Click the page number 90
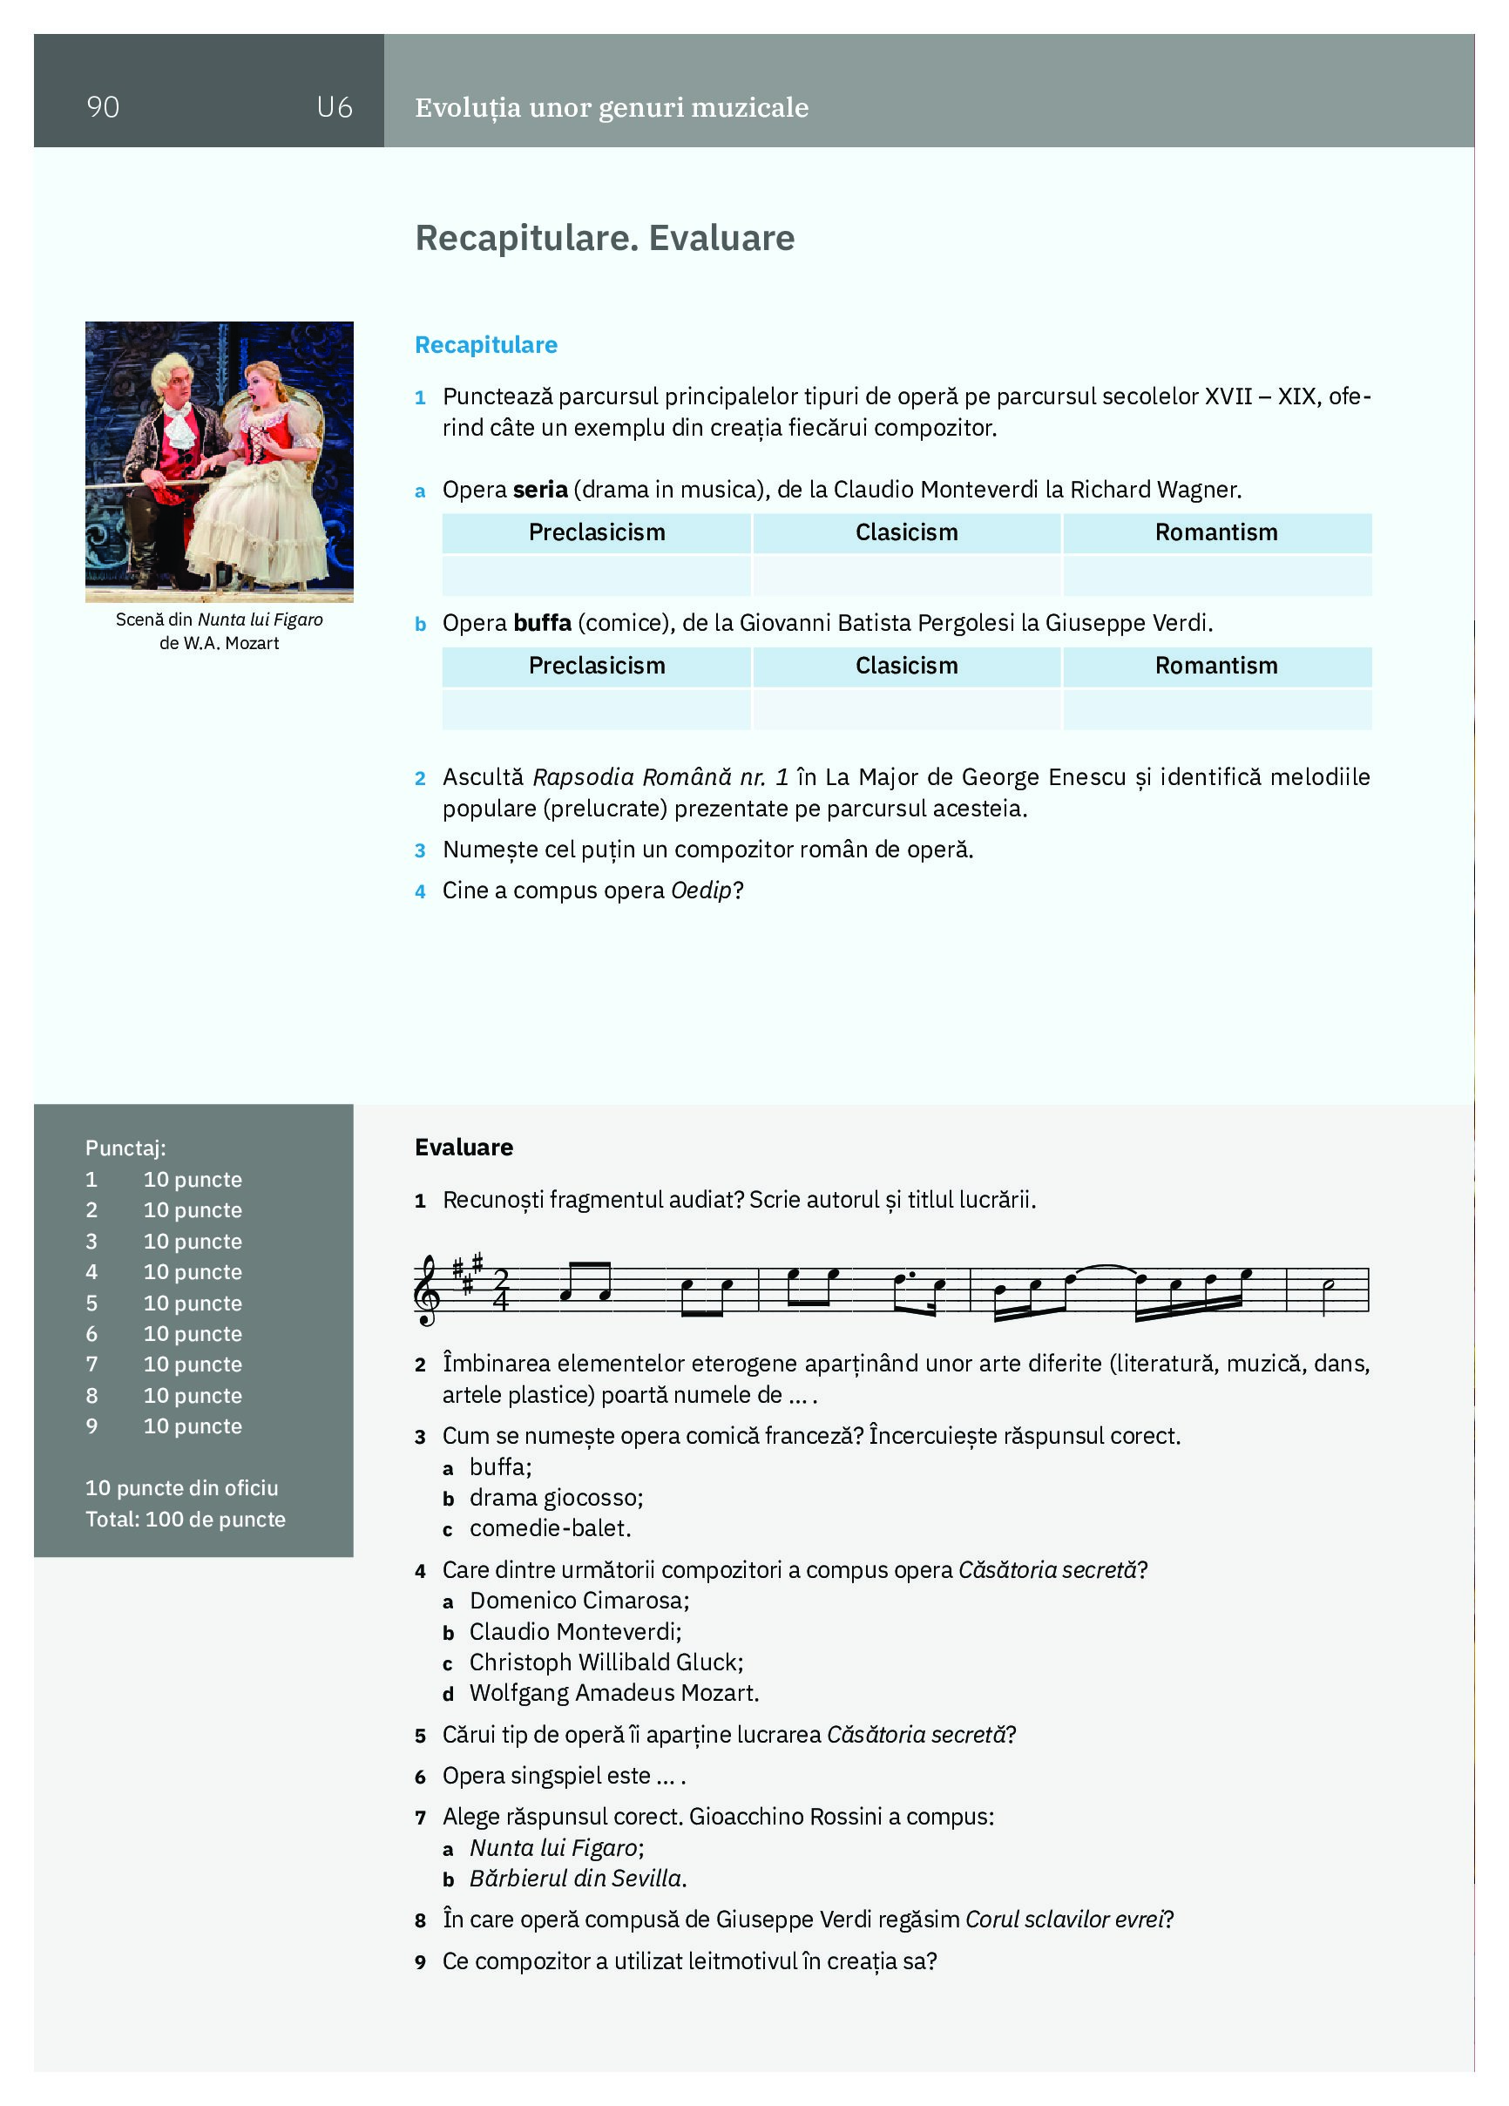click(102, 107)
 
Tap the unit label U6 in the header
click(334, 108)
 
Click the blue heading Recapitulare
click(485, 344)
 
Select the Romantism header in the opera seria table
click(1215, 532)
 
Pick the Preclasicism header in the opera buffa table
click(596, 666)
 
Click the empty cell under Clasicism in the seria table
click(906, 575)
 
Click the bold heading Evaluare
click(464, 1147)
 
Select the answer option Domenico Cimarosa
click(579, 1600)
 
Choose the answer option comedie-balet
click(550, 1527)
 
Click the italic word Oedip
click(701, 890)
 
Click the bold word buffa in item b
click(541, 622)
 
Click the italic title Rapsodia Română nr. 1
click(660, 776)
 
